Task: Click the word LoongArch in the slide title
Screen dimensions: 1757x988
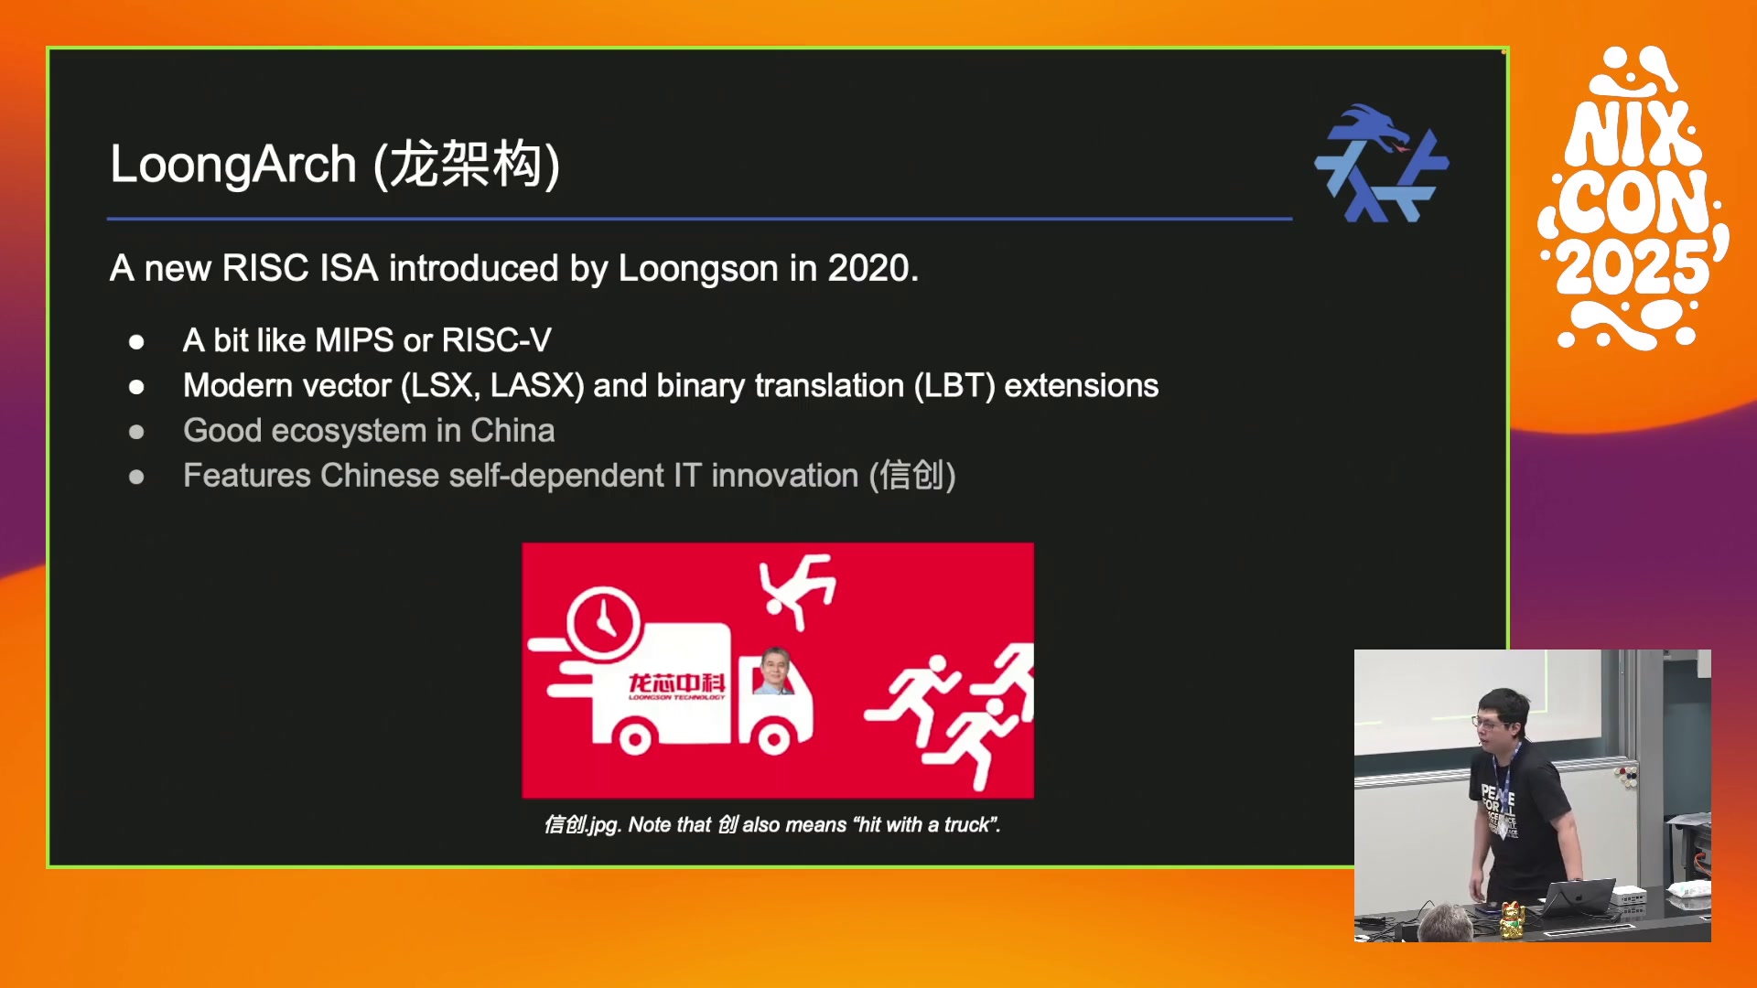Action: point(233,166)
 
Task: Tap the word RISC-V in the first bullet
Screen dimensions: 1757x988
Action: point(497,340)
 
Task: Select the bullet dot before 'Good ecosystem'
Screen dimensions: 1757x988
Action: point(136,432)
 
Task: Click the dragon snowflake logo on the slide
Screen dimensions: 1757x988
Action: point(1381,164)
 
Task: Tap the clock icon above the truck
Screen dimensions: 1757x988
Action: point(603,623)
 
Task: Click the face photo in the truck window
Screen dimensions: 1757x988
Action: point(774,671)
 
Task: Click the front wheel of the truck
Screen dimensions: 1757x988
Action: point(773,738)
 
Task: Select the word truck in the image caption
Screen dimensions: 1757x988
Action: point(966,825)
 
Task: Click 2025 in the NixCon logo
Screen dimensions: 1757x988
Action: point(1633,267)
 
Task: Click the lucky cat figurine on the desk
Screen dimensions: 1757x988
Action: point(1511,920)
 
